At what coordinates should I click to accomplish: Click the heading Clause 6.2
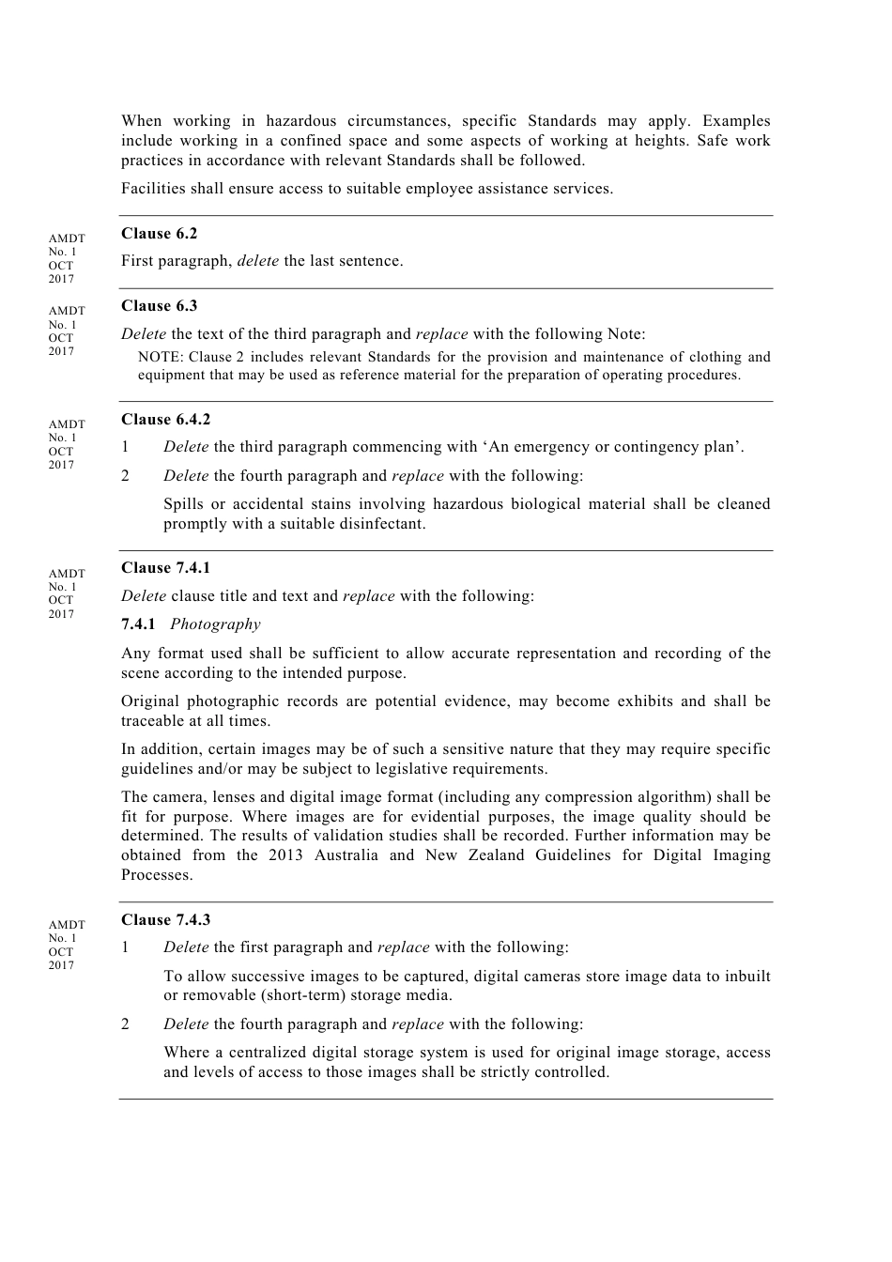pyautogui.click(x=159, y=234)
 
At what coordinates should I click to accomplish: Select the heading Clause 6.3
pyautogui.click(x=159, y=306)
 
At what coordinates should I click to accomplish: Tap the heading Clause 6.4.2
pyautogui.click(x=165, y=420)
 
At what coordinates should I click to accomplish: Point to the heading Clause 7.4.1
pyautogui.click(x=165, y=568)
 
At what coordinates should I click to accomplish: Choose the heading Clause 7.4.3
pyautogui.click(x=165, y=920)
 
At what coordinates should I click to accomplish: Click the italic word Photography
pyautogui.click(x=215, y=624)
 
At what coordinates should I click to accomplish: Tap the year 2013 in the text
pyautogui.click(x=285, y=855)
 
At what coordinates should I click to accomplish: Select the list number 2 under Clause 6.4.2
pyautogui.click(x=125, y=476)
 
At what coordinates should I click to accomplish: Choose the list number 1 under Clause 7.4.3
pyautogui.click(x=125, y=947)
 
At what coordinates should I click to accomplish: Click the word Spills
pyautogui.click(x=183, y=504)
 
